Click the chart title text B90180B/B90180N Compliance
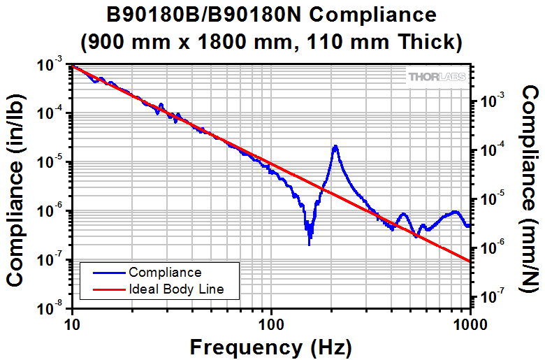point(272,15)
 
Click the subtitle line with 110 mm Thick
point(272,42)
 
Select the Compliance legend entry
point(165,273)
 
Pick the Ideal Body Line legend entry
point(175,288)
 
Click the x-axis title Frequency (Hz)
point(271,347)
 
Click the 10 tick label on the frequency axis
point(71,324)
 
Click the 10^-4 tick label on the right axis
point(492,151)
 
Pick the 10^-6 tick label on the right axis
point(492,249)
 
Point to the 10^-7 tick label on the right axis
point(492,298)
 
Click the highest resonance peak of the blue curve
point(335,146)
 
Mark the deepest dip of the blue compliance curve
point(310,243)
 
